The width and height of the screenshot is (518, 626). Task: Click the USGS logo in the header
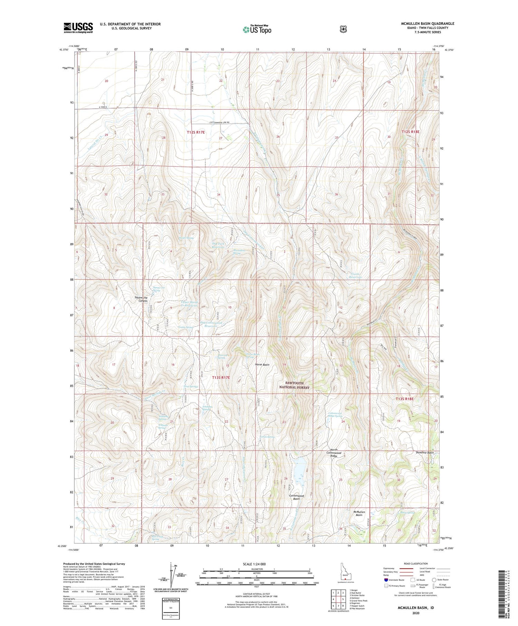(x=78, y=28)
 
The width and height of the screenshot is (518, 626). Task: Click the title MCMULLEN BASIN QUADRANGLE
(x=428, y=23)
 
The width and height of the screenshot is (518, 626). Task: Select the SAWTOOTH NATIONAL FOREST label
(x=294, y=385)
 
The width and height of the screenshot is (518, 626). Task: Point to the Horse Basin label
(x=262, y=365)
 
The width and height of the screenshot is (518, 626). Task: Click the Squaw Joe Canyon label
(x=141, y=299)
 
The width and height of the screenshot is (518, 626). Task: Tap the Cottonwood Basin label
(x=297, y=497)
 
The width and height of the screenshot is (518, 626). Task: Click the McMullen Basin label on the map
(x=359, y=513)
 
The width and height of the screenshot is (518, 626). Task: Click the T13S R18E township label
(x=404, y=399)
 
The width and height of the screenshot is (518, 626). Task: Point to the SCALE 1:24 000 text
(x=257, y=564)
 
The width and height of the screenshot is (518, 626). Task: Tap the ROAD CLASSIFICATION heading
(x=416, y=564)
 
